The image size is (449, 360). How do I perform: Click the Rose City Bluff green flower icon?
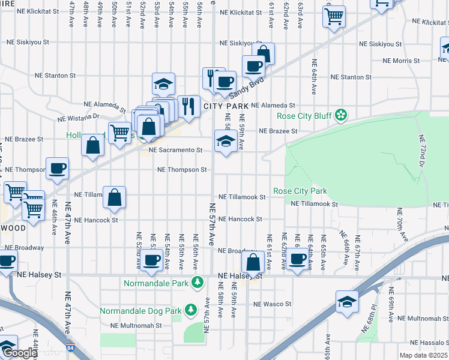pyautogui.click(x=341, y=115)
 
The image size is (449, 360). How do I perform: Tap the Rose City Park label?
pyautogui.click(x=300, y=191)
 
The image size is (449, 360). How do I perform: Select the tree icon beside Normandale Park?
pyautogui.click(x=197, y=283)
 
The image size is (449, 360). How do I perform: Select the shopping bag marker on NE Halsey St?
pyautogui.click(x=253, y=262)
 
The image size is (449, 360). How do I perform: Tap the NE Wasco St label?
pyautogui.click(x=271, y=304)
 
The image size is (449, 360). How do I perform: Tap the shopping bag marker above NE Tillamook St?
pyautogui.click(x=114, y=197)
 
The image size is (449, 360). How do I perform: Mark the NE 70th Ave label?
pyautogui.click(x=399, y=222)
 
